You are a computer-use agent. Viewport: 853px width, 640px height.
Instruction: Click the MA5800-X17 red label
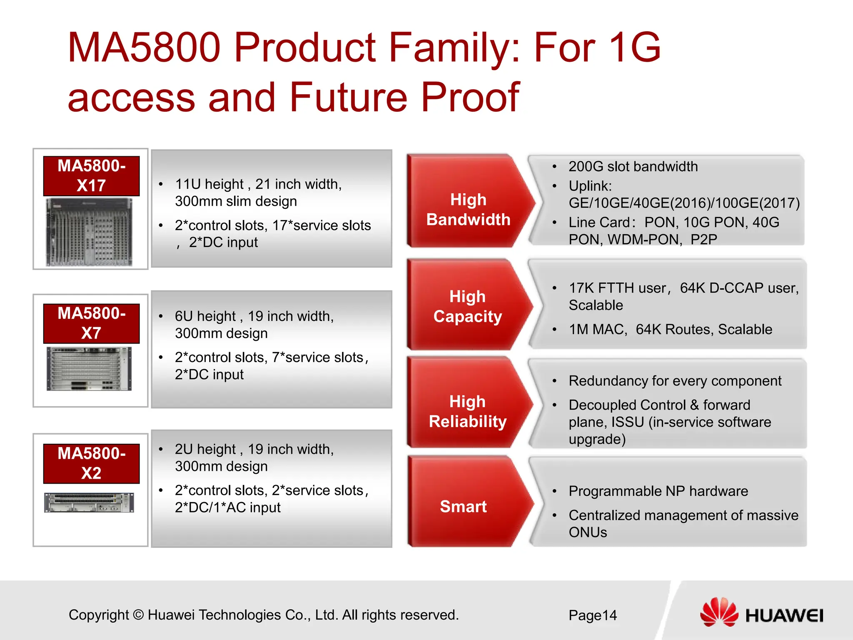(91, 176)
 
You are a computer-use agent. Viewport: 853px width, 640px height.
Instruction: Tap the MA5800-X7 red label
(91, 323)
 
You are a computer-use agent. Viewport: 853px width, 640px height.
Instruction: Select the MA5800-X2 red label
(91, 463)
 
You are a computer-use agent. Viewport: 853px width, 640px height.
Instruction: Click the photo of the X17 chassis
(89, 232)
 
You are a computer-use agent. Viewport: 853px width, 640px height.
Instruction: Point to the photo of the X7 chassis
(89, 369)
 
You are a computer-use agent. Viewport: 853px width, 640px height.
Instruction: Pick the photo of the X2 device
(89, 502)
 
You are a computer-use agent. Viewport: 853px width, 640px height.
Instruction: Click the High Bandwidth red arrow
(468, 210)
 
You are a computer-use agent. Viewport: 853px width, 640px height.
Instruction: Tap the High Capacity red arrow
(467, 307)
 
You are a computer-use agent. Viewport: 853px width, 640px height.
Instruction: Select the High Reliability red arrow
(467, 412)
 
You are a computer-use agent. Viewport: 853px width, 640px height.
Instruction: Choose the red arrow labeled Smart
(463, 506)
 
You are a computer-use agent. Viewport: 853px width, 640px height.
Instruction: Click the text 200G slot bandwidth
(633, 167)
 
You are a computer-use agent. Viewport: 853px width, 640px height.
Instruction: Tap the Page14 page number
(592, 615)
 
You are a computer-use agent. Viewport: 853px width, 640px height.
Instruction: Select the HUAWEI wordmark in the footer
(784, 616)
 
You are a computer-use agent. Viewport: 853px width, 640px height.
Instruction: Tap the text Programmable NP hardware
(658, 491)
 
